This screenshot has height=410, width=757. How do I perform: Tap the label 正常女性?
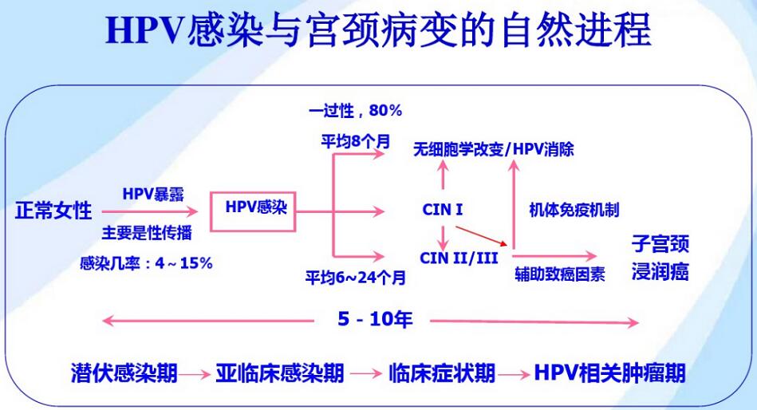point(53,211)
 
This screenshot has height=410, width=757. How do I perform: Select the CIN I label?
point(442,210)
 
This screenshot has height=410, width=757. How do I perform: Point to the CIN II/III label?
point(458,258)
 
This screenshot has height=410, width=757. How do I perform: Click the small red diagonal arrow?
point(481,236)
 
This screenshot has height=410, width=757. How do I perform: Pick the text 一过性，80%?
point(355,111)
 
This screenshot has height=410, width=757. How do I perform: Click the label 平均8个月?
point(355,141)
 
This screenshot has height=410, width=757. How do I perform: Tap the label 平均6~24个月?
point(355,278)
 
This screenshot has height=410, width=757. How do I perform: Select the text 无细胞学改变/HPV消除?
point(494,149)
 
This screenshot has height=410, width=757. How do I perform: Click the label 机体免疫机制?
point(574,210)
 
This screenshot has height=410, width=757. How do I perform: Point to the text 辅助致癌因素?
point(559,274)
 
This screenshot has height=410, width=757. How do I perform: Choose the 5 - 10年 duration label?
point(375,319)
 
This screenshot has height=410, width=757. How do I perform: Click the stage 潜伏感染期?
point(124,373)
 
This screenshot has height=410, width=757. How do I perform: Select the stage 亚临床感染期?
point(279,373)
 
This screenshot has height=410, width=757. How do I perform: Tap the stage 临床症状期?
point(442,373)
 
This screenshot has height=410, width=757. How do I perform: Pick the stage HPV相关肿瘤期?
point(609,373)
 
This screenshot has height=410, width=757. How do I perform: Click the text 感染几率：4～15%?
point(146,263)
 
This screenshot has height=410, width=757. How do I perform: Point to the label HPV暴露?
point(153,194)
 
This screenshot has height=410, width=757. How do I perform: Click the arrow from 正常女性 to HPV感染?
point(150,211)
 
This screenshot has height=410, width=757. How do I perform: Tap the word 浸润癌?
point(660,271)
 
